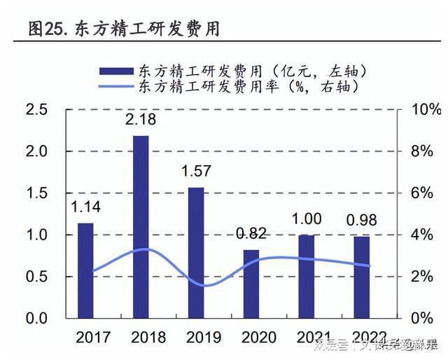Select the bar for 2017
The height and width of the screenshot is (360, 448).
tap(85, 270)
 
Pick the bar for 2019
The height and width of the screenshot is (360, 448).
tap(196, 252)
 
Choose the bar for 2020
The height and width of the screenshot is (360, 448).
tap(251, 283)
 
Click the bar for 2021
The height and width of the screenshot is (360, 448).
tap(307, 276)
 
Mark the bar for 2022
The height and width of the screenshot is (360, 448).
tap(361, 277)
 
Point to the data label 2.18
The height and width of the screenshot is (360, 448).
tap(141, 120)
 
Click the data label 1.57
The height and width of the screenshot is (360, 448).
tap(196, 171)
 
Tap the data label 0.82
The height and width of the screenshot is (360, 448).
tap(251, 234)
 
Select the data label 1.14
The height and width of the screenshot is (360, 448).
tap(85, 207)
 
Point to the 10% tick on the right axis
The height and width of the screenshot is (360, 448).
tap(426, 110)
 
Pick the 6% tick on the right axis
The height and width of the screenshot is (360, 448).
tap(423, 193)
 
